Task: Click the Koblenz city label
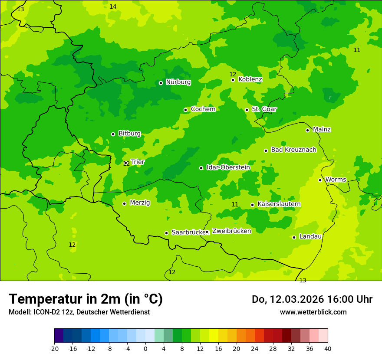click(x=250, y=79)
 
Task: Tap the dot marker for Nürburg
click(x=161, y=83)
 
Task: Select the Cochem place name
click(x=203, y=109)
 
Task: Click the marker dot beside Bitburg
click(x=113, y=134)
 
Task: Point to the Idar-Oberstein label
click(x=228, y=167)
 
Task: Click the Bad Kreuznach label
click(x=293, y=150)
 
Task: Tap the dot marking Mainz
click(x=307, y=130)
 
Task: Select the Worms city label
click(x=336, y=180)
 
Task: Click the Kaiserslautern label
click(x=279, y=204)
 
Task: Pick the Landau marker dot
click(x=294, y=237)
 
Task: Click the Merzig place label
click(x=140, y=203)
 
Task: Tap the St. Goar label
click(x=264, y=109)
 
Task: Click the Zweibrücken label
click(x=231, y=231)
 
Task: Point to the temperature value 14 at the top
click(x=113, y=7)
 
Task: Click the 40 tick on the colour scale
click(x=328, y=348)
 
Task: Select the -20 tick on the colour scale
click(x=54, y=348)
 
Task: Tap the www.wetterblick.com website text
click(x=313, y=312)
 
